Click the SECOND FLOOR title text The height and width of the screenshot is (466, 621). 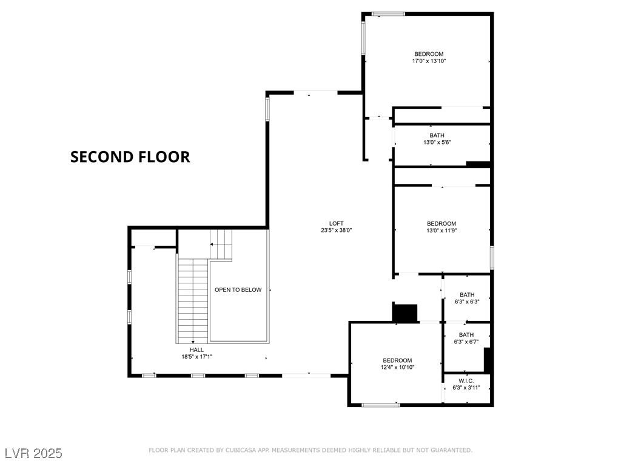point(130,157)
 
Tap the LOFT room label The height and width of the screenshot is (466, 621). point(337,223)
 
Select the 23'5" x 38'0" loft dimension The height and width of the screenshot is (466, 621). point(337,231)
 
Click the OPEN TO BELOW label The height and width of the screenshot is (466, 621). point(238,290)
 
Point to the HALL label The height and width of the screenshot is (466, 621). point(196,349)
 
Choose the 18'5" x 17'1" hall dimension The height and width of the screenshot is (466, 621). point(196,357)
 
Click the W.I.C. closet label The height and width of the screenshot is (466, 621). point(466,380)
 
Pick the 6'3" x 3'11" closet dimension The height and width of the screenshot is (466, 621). point(466,388)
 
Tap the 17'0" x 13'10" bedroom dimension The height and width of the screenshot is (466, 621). point(429,61)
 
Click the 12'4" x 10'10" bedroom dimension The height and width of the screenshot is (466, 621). point(397,367)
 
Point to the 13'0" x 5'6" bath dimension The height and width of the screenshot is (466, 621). point(437,143)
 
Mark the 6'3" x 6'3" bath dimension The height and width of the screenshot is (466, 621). point(466,302)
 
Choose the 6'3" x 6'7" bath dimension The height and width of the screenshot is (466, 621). point(466,342)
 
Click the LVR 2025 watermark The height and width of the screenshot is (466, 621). point(33,453)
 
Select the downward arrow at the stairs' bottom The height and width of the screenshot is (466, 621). point(193,341)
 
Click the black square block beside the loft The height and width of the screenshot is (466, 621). point(405,312)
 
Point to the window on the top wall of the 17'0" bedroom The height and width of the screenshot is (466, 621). point(388,13)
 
